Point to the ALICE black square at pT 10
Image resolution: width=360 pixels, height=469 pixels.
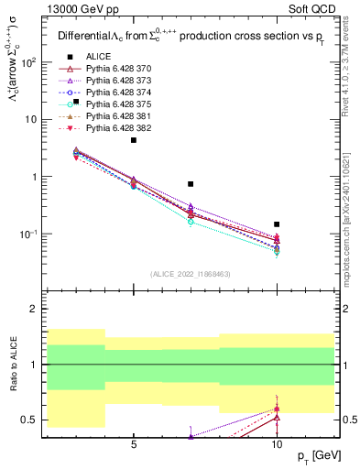point(277,224)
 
